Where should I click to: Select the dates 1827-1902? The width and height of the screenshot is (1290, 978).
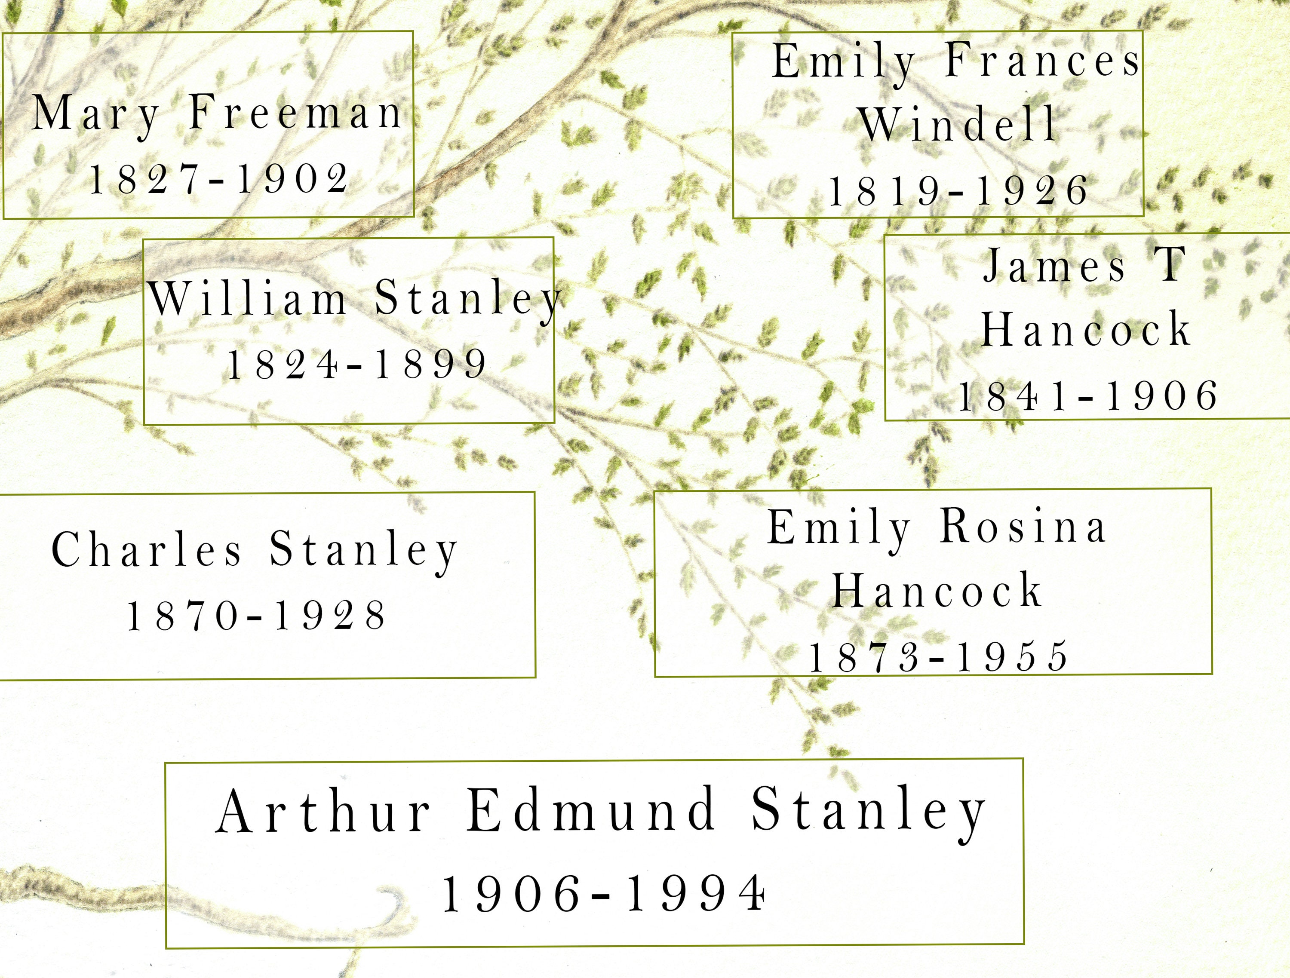219,179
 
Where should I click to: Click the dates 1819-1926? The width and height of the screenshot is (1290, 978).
958,191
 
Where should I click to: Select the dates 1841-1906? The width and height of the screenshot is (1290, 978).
1088,395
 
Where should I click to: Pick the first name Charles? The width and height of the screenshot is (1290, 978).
146,549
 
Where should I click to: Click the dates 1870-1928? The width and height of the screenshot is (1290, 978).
257,615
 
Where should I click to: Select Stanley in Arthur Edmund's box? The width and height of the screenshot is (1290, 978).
869,811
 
